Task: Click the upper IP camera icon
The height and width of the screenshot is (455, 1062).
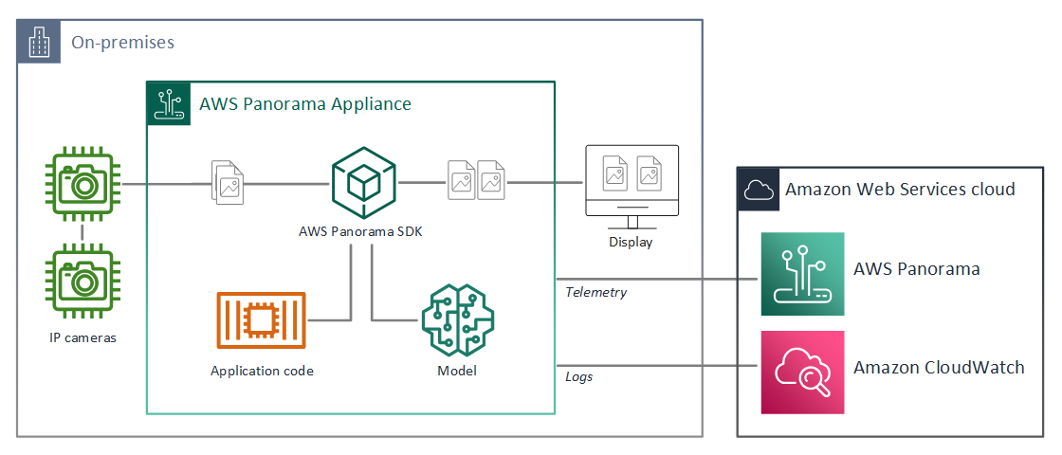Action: point(82,184)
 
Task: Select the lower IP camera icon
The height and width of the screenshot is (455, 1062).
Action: point(82,282)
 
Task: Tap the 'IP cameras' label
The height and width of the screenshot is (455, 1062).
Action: point(82,337)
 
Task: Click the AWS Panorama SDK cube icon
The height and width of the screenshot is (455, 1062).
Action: point(363,183)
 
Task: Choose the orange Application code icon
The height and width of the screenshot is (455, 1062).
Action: point(262,320)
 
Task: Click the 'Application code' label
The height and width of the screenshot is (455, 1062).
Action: point(262,371)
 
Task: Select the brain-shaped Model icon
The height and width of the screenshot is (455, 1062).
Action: point(456,320)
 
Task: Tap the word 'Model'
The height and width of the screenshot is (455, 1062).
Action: point(456,371)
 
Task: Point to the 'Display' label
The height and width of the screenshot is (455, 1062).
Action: point(632,243)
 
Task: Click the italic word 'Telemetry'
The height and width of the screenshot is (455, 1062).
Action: point(596,293)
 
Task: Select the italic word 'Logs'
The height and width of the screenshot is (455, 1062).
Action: point(578,376)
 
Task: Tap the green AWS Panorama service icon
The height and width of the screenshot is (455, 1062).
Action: point(802,274)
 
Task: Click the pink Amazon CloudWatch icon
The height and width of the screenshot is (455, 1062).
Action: point(802,372)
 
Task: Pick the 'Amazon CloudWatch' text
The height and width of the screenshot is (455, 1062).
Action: point(939,368)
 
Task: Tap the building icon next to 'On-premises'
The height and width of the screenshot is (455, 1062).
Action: point(38,44)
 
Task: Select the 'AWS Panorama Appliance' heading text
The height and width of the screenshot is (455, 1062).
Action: point(305,104)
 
